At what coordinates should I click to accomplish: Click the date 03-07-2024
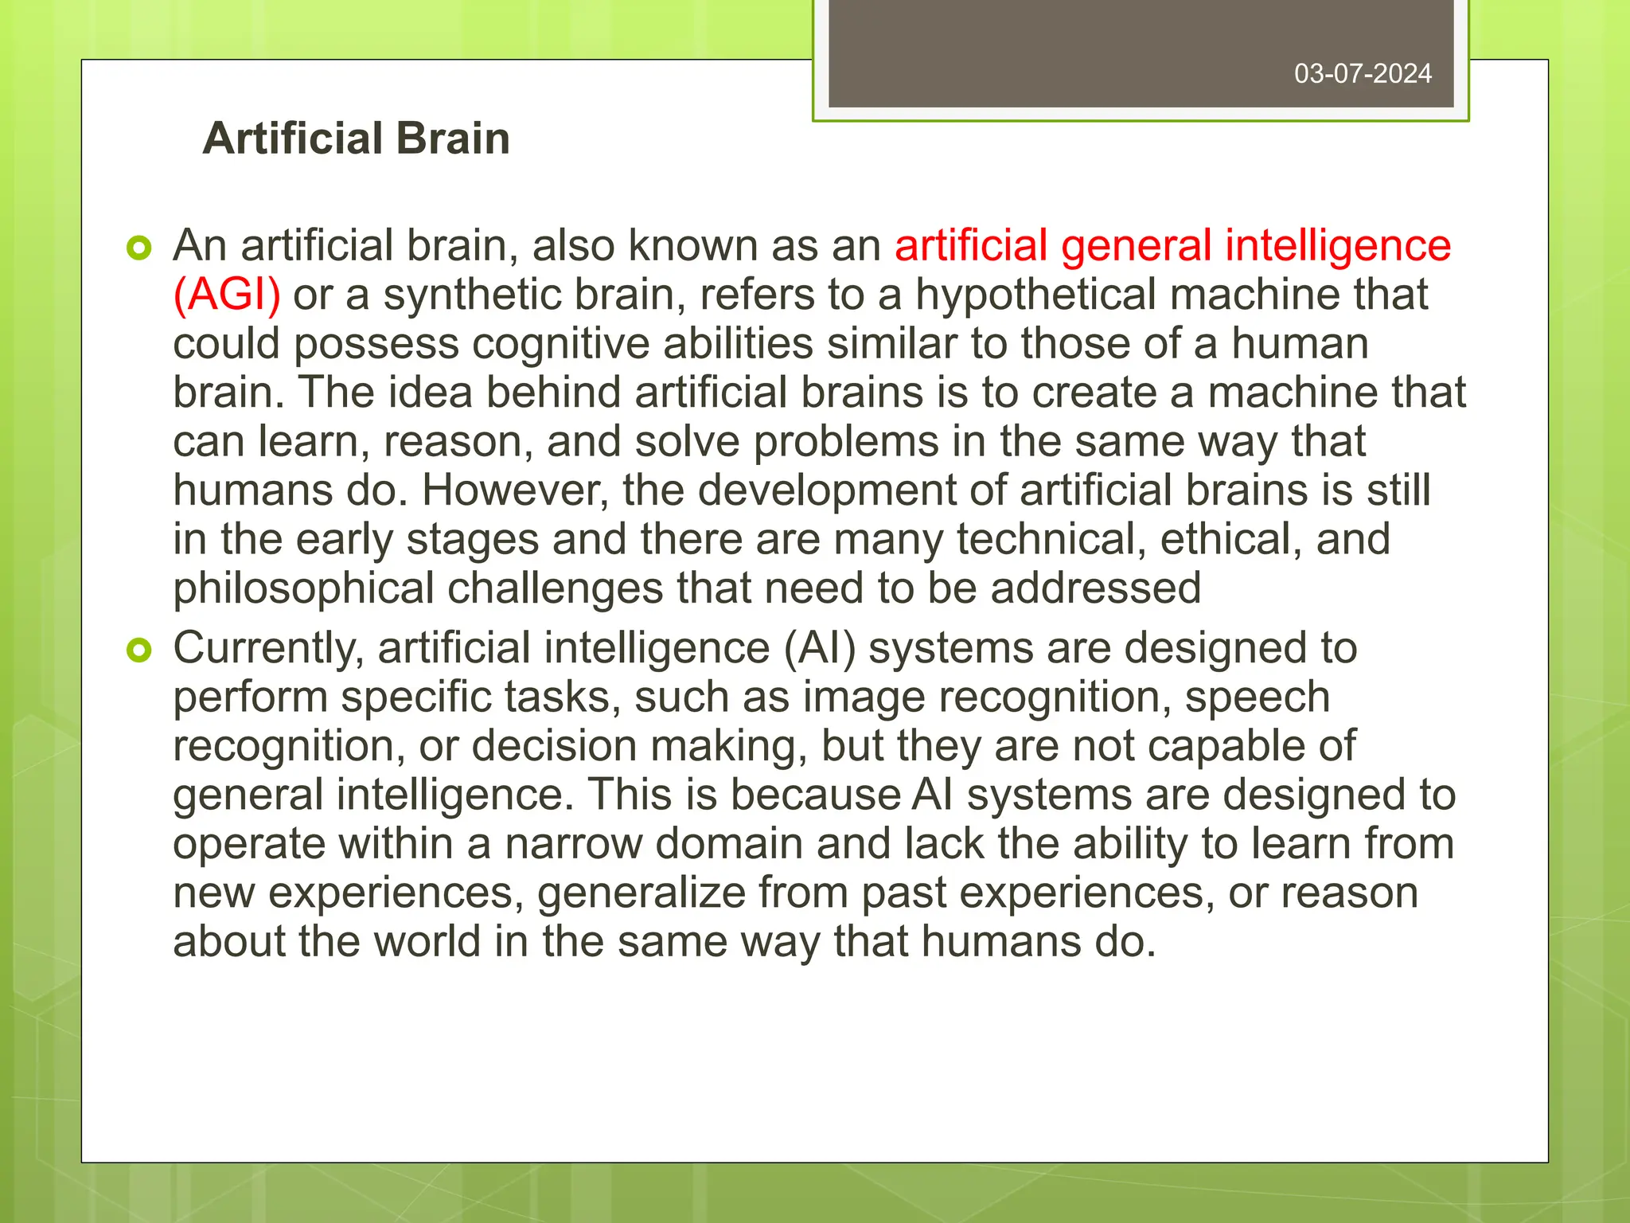[1363, 74]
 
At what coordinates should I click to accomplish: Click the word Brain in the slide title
[452, 139]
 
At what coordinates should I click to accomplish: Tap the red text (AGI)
[227, 295]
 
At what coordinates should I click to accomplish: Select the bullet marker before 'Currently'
[138, 651]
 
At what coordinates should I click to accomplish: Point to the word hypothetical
[1036, 295]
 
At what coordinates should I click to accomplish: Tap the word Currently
[268, 648]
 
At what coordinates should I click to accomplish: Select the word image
[864, 698]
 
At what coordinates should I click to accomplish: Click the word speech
[1257, 698]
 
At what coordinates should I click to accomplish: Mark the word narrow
[573, 844]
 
